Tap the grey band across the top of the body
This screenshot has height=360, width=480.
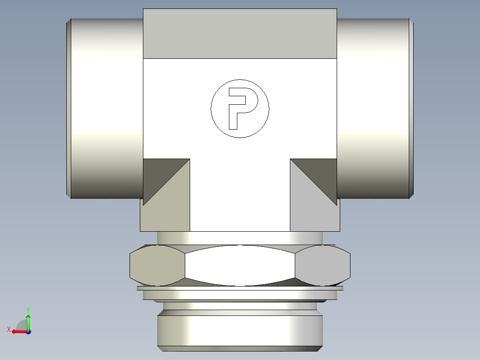coord(240,34)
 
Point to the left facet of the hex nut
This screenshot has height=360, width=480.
coord(157,266)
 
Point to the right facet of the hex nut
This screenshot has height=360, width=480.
coord(322,266)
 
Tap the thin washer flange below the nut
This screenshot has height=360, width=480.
coord(240,288)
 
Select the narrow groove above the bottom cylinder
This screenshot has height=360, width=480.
coord(240,306)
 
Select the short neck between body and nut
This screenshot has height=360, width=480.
coord(240,237)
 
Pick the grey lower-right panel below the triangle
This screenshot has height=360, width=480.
coord(314,214)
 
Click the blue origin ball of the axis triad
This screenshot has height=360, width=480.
coord(28,331)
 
